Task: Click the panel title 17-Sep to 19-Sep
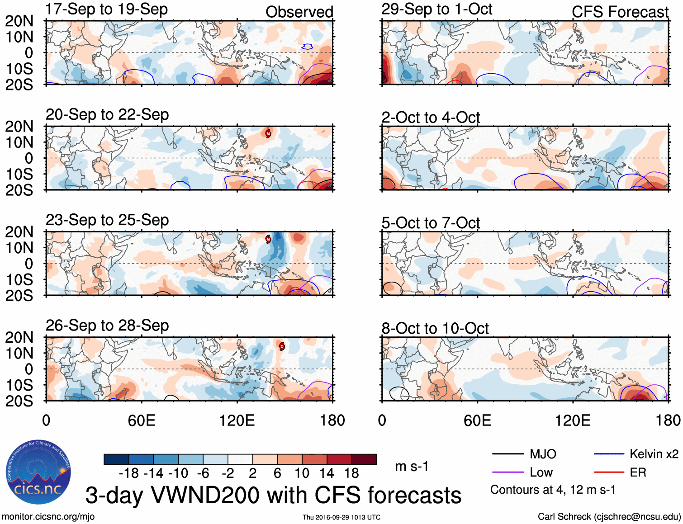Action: click(107, 9)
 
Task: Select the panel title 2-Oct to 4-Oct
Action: click(430, 118)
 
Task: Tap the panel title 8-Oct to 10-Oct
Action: click(435, 328)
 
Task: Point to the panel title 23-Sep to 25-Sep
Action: click(107, 220)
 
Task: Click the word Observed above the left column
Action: click(299, 12)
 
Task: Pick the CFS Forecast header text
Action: click(620, 12)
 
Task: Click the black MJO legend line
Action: click(508, 454)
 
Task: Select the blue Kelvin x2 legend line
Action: click(609, 454)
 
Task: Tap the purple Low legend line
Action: click(508, 472)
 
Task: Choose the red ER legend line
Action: click(609, 472)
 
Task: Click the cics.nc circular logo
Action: click(38, 472)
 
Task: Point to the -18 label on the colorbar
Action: click(129, 473)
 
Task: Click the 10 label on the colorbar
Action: click(302, 473)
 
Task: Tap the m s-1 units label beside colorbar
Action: click(412, 466)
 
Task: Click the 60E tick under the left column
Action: click(142, 420)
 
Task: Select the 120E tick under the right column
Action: click(573, 420)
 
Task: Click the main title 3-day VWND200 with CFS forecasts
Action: click(273, 495)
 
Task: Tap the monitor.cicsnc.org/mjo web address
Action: click(48, 517)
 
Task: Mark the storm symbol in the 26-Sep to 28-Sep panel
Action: click(282, 347)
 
